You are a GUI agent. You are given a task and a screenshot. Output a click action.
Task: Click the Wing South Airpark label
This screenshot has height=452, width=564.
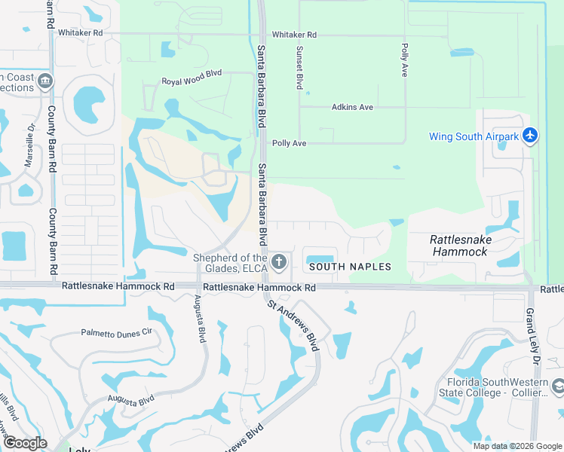coord(474,136)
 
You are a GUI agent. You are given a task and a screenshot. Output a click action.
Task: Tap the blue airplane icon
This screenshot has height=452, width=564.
coord(531,136)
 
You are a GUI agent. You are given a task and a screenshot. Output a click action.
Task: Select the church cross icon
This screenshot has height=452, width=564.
coord(279,262)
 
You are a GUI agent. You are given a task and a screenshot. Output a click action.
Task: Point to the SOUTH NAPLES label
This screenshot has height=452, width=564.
coord(350,267)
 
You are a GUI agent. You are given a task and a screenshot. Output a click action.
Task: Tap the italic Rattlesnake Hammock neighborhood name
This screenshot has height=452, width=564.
coord(460,246)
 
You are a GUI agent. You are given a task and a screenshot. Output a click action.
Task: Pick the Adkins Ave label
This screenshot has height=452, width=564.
coord(352,107)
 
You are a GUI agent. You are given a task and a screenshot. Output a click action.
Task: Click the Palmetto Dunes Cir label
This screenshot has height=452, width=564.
coord(117,331)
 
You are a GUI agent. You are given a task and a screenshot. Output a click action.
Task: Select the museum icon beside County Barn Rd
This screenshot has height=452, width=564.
coord(45,81)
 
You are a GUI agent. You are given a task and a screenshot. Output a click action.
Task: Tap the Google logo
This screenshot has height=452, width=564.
coord(25,442)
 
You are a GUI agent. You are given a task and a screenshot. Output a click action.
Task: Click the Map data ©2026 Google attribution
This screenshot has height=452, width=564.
coord(516,446)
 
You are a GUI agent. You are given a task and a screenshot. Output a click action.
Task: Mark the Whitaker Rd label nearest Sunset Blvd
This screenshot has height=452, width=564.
coord(294,35)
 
